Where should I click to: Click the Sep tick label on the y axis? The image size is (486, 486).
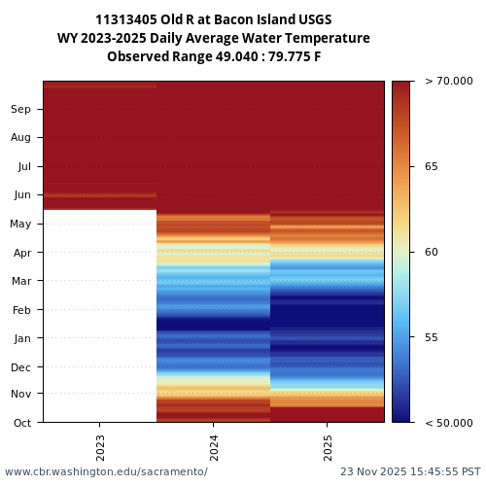point(21,109)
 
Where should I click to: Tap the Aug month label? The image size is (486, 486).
point(21,137)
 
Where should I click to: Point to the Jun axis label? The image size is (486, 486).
point(22,194)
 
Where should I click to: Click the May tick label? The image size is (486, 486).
point(21,224)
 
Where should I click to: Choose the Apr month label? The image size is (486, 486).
point(22,253)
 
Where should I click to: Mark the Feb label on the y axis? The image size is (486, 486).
point(22,310)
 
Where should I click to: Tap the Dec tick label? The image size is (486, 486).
point(21,366)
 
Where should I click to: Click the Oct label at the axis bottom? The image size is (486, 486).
point(22,423)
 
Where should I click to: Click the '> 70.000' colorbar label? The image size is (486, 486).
point(449,82)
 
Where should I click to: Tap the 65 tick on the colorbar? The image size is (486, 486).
point(432,166)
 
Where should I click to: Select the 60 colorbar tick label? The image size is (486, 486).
point(432,252)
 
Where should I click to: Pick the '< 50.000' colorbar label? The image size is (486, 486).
point(449,423)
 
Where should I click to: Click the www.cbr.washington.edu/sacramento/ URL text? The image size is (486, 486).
point(106,471)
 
